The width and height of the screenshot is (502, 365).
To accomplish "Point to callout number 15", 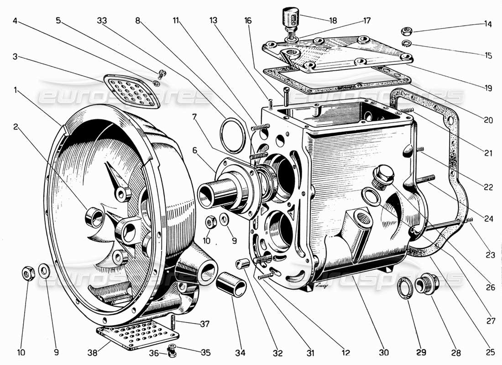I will (x=488, y=56).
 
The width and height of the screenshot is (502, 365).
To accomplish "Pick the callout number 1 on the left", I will (x=16, y=91).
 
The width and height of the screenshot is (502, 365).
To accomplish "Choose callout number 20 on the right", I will (x=488, y=120).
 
